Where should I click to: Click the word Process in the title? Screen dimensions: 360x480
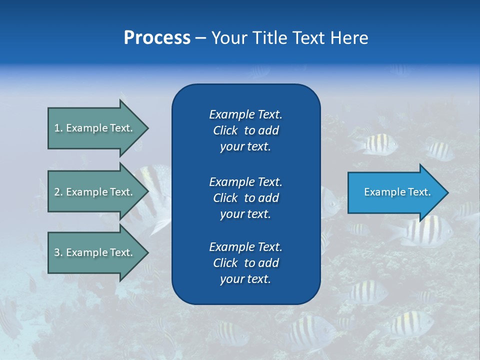[157, 38]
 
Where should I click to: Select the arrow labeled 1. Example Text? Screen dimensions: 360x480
[95, 128]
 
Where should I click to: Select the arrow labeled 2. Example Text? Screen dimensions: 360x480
[95, 192]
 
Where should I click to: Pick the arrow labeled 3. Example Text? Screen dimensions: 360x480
[95, 252]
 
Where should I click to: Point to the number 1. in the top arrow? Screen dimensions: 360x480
[58, 128]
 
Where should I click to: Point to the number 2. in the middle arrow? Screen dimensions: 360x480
[58, 192]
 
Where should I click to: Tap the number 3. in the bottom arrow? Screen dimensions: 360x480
[58, 252]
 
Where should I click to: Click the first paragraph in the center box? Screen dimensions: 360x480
[245, 130]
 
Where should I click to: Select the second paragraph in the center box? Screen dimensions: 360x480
[245, 198]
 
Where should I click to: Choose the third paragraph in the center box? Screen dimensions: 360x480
[245, 263]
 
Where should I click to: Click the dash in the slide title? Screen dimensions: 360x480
[200, 38]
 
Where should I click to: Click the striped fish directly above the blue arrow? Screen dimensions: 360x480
[380, 144]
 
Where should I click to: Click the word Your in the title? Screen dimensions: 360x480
[229, 38]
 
